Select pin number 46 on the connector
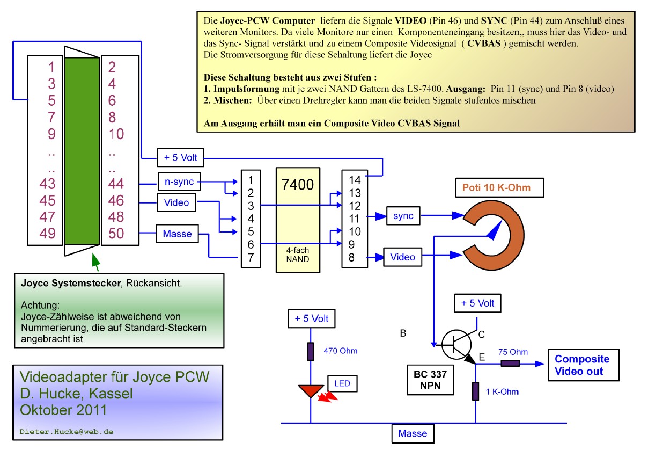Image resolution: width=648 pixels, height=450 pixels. (x=116, y=201)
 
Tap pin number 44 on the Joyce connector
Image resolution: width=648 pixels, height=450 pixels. (x=116, y=184)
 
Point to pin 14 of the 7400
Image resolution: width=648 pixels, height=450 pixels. (x=355, y=180)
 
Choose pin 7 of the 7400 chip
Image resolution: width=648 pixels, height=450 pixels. (x=251, y=257)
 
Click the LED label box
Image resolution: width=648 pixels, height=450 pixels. (x=342, y=383)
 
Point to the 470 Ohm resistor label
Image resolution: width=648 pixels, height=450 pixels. (x=340, y=351)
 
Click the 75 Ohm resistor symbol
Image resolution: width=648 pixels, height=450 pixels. (x=510, y=364)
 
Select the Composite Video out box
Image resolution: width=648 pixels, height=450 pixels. (x=582, y=365)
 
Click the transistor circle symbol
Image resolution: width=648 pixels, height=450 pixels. (x=456, y=344)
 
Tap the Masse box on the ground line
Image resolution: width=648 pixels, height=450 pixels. (x=413, y=433)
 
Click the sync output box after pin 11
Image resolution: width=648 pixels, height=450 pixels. (x=403, y=216)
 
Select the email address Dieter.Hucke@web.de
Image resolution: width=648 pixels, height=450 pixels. (x=66, y=431)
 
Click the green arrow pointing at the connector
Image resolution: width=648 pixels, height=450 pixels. (x=95, y=262)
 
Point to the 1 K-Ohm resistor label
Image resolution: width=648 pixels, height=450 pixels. (x=502, y=391)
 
